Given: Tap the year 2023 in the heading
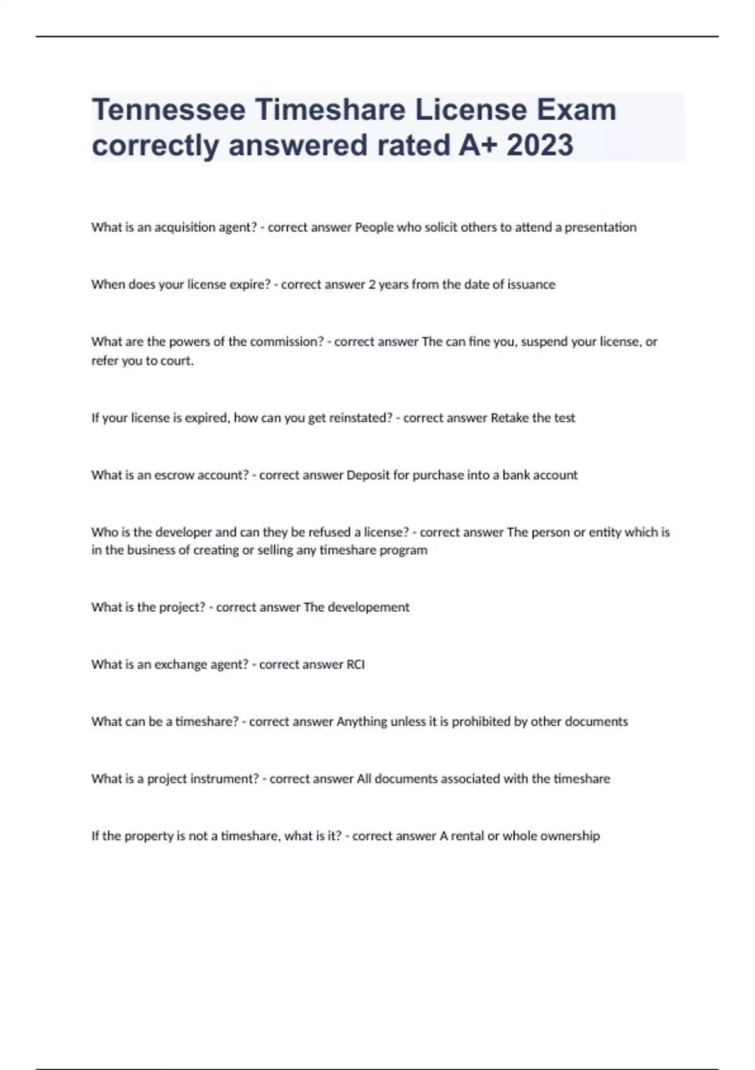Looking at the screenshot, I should click(540, 145).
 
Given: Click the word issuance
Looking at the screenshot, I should click(531, 284).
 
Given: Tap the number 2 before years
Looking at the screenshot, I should click(372, 284).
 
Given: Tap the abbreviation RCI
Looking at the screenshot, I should click(355, 665).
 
